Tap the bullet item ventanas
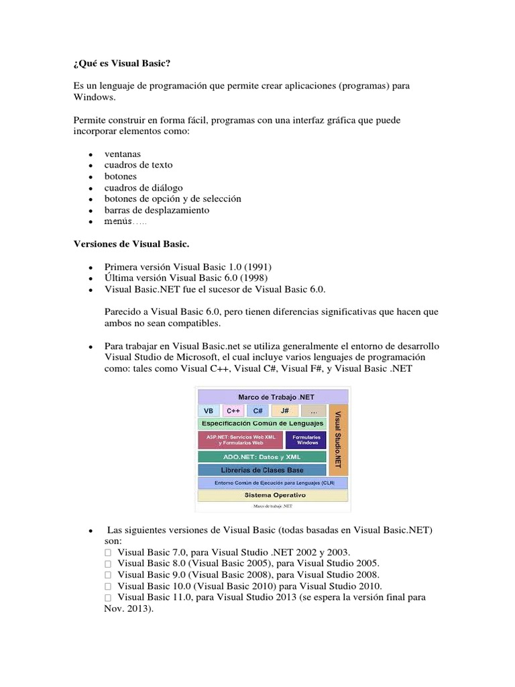[x=123, y=154]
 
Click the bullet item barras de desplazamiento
[x=157, y=210]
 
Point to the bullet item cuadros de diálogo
[x=144, y=188]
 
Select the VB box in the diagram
[x=209, y=411]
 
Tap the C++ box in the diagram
[x=233, y=411]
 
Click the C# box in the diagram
[x=258, y=411]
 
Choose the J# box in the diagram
[x=285, y=411]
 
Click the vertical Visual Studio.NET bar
[x=338, y=439]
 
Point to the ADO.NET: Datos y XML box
[x=262, y=456]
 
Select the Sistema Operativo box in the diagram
[x=273, y=495]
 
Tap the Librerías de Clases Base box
[x=262, y=470]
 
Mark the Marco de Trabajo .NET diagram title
[x=272, y=397]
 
